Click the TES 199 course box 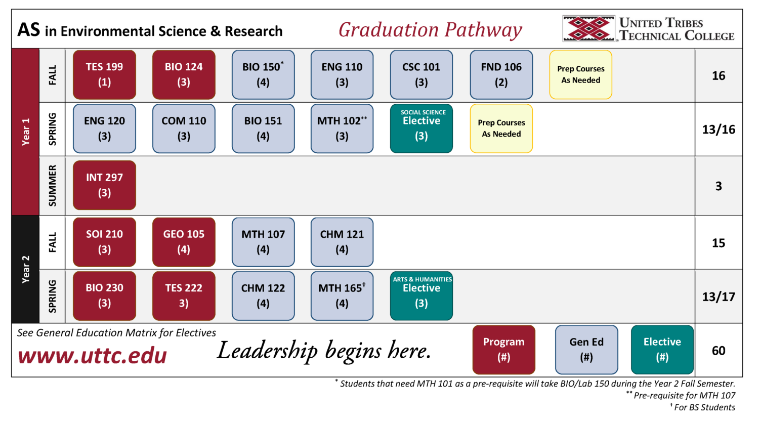click(104, 75)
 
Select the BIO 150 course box click(263, 75)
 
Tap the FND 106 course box click(501, 75)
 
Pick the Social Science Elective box click(421, 129)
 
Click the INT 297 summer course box click(104, 185)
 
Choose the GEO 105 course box click(184, 242)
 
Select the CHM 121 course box click(342, 242)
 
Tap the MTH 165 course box click(342, 296)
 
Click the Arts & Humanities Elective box click(421, 296)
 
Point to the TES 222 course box click(184, 296)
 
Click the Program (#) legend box click(503, 350)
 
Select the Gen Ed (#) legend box click(586, 350)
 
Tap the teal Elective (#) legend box click(662, 350)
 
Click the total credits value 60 click(719, 351)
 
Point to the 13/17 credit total click(719, 297)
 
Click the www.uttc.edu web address click(92, 356)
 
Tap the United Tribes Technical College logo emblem click(589, 28)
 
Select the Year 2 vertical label click(25, 269)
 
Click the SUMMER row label click(52, 186)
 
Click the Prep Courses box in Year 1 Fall click(580, 75)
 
